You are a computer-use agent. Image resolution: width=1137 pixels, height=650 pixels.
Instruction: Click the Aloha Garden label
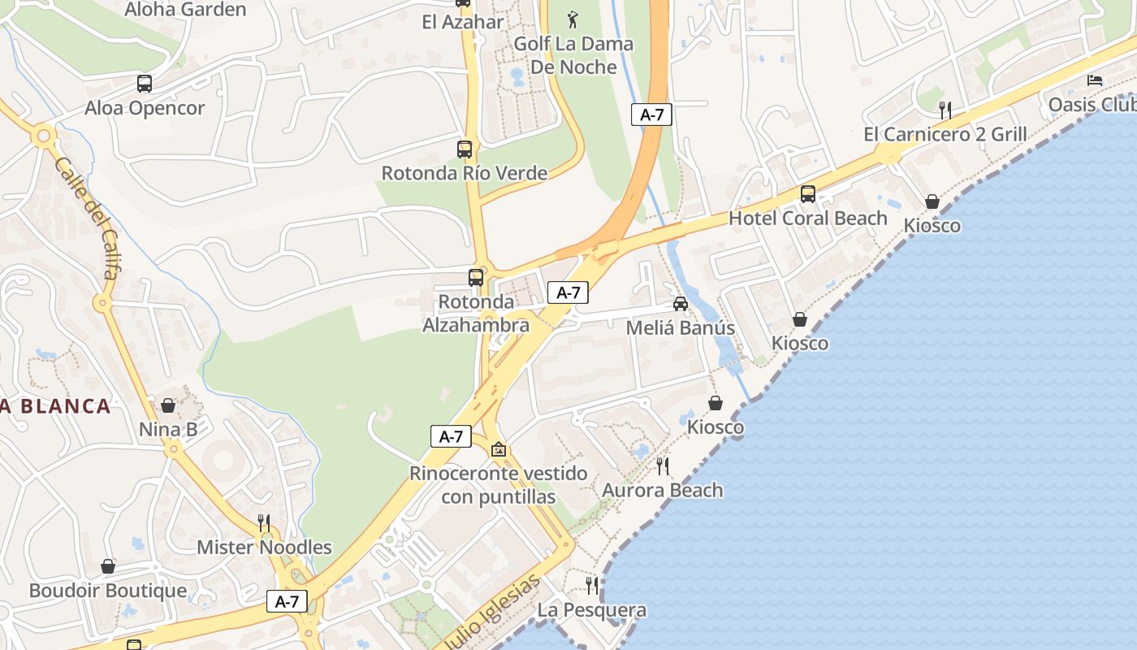[185, 10]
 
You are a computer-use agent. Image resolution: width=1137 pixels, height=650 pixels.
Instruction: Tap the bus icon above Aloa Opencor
[145, 83]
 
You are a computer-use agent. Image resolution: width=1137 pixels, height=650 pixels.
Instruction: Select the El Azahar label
[463, 22]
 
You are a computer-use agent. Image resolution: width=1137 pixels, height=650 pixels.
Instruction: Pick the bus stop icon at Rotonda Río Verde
[465, 149]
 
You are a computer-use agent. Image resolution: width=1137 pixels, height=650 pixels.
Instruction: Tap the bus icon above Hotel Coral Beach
[808, 194]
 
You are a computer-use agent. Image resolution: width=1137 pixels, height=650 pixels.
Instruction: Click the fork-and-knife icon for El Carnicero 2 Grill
[945, 110]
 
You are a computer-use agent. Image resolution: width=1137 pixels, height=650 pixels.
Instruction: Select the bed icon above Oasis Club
[1095, 80]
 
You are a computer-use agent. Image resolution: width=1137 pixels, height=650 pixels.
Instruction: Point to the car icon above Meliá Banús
[681, 304]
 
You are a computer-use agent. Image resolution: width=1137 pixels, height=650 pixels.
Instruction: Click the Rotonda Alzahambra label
[476, 314]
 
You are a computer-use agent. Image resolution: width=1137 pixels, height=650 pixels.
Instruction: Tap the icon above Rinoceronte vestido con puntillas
[499, 449]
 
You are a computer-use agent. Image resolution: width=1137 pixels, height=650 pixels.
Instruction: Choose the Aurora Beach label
[663, 490]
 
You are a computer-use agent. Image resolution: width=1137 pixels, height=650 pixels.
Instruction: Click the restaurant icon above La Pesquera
[592, 585]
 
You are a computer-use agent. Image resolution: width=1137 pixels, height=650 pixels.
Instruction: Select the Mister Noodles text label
[264, 547]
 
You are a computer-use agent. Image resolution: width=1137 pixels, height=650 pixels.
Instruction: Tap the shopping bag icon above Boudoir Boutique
[108, 566]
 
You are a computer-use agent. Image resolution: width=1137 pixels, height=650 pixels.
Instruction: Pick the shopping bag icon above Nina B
[168, 405]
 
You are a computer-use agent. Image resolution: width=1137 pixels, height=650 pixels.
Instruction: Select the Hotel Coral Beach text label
[808, 218]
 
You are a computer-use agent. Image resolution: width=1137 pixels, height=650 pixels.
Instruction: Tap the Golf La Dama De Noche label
[573, 55]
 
